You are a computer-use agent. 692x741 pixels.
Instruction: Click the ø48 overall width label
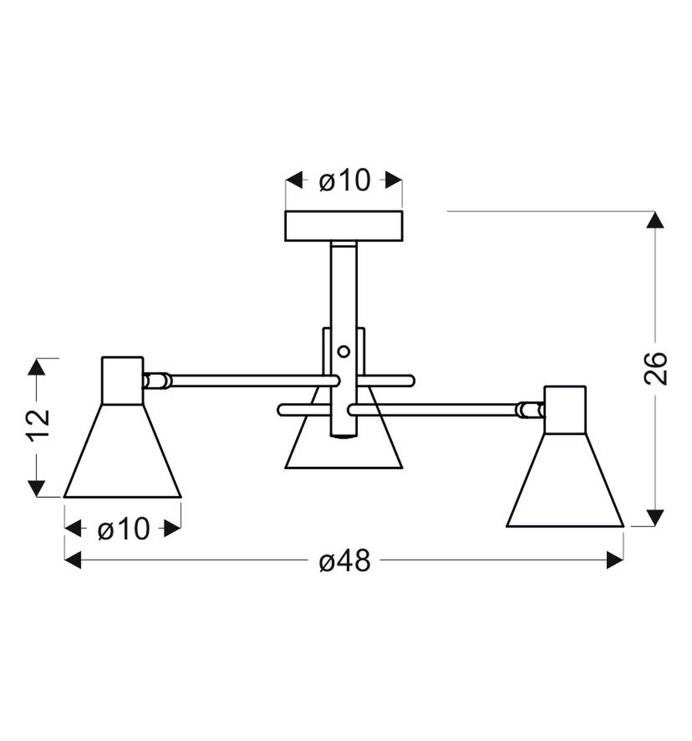tap(344, 561)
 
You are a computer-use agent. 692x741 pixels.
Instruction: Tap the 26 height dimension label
tap(656, 368)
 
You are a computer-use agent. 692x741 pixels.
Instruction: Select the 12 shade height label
tap(38, 425)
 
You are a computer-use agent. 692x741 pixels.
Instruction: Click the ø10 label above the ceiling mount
tap(344, 181)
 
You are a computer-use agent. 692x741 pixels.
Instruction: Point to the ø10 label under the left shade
tap(123, 528)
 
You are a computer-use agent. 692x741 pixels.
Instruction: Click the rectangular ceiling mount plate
tap(344, 226)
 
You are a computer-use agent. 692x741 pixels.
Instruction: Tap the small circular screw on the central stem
tap(344, 351)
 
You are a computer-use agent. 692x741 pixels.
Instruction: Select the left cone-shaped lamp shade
tap(123, 456)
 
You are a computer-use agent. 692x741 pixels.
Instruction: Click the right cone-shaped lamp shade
tap(565, 484)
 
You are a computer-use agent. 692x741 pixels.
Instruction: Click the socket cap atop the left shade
tap(122, 381)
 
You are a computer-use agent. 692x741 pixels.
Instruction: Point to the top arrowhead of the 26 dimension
tap(655, 221)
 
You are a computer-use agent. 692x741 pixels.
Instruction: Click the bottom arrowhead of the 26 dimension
tap(655, 517)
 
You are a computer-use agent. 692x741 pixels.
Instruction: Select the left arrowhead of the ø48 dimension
tap(73, 559)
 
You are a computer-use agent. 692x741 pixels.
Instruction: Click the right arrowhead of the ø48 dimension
tap(615, 559)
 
